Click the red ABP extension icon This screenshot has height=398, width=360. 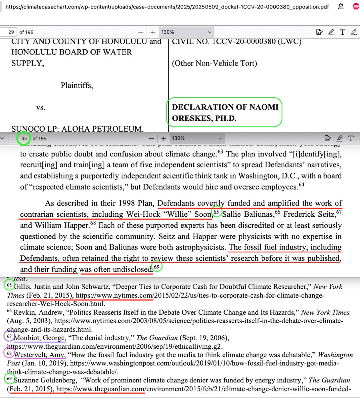356,6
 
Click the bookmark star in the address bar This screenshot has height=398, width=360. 340,6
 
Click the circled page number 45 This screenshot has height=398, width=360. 24,138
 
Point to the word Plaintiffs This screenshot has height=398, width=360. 76,85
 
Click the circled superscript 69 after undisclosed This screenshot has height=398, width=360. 157,267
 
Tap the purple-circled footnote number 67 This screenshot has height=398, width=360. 10,336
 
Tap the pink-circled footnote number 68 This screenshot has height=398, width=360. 10,353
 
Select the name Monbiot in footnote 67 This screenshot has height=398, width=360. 28,338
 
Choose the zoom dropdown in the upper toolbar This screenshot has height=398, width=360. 186,32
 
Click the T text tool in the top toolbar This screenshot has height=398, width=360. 342,32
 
